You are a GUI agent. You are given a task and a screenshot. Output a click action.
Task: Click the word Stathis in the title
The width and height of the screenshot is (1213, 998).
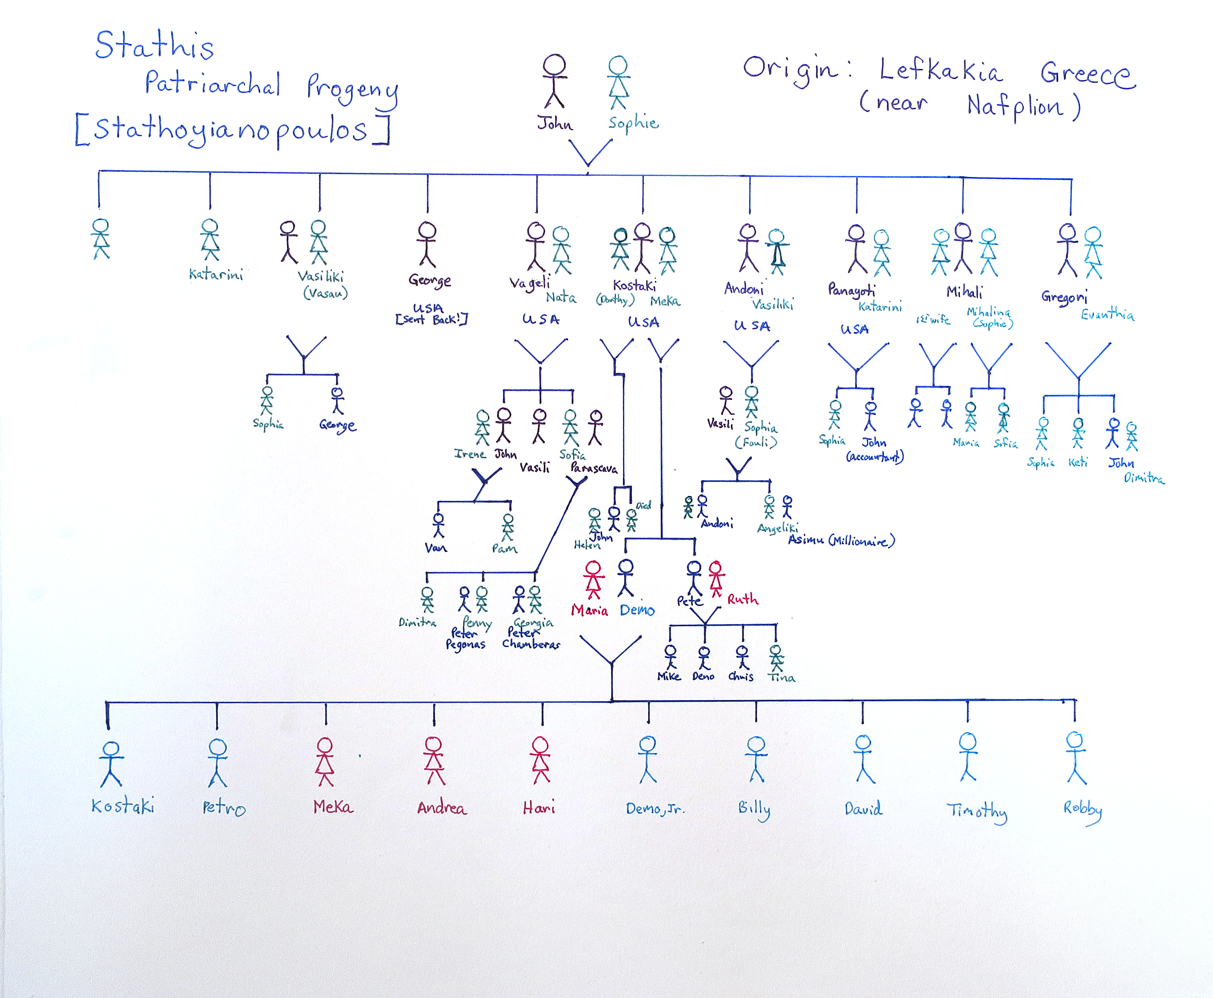click(154, 46)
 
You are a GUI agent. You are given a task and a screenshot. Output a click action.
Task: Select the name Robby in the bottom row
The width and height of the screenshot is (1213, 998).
click(1082, 809)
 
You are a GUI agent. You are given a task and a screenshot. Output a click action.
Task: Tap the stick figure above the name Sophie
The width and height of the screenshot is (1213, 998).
click(618, 82)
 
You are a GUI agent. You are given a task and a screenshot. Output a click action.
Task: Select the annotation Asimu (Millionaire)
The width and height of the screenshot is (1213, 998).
click(841, 540)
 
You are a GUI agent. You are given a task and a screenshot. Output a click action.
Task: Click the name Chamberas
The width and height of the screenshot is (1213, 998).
click(531, 644)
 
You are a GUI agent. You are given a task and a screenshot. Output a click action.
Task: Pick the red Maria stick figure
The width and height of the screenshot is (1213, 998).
click(593, 579)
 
